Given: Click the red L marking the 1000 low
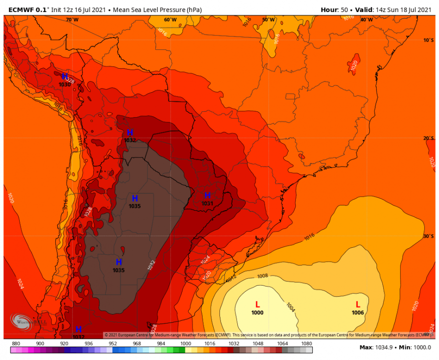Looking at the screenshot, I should point(257,304).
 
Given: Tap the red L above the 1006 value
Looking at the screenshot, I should point(358,304).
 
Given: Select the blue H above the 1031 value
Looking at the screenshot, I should point(207,195).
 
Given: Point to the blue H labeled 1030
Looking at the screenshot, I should point(65,77).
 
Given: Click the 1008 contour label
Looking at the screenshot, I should point(262,276).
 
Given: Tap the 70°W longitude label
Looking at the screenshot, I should point(72,20).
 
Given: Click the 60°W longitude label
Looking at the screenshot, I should point(170,20).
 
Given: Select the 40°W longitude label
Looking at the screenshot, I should point(366,20).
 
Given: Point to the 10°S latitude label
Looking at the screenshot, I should point(428,40).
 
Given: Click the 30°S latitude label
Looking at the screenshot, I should point(428,236).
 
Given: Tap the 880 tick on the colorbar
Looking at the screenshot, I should point(16,343).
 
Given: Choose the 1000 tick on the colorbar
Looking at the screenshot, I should point(185,343).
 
